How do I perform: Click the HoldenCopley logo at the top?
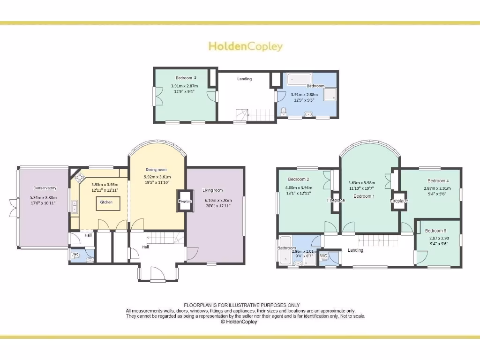point(245,46)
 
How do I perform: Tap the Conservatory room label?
point(45,188)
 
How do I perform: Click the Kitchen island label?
point(105,202)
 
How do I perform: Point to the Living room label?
point(212,190)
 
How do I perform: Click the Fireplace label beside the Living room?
point(185,202)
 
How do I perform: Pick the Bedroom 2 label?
point(298,180)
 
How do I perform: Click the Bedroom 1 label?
point(364,196)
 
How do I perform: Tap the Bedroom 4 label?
point(438,181)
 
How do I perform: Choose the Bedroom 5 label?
point(435,231)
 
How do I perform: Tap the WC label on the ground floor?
point(75,255)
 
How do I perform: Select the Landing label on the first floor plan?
point(355,250)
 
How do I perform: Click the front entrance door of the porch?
point(157,273)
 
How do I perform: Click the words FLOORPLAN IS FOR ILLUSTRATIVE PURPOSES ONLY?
point(241,305)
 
